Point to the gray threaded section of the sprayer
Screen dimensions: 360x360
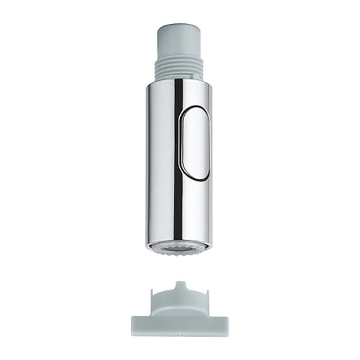point(180,67)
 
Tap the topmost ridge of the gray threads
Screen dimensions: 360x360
point(180,58)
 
